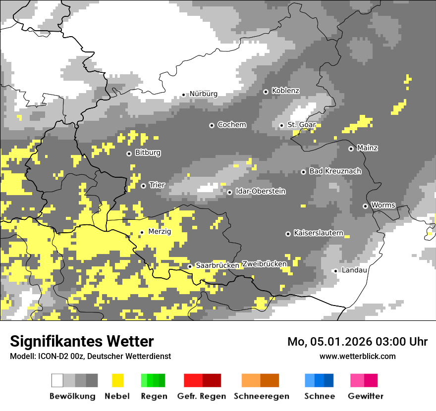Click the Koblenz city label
pyautogui.click(x=285, y=91)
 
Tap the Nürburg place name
pyautogui.click(x=203, y=94)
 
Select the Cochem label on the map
pyautogui.click(x=231, y=125)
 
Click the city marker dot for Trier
pyautogui.click(x=143, y=186)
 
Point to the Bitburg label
pyautogui.click(x=148, y=153)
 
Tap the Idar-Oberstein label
pyautogui.click(x=260, y=191)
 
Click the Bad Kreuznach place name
pyautogui.click(x=335, y=171)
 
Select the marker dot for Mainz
pyautogui.click(x=351, y=149)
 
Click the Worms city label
pyautogui.click(x=383, y=205)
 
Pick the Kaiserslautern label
pyautogui.click(x=318, y=233)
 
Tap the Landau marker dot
pyautogui.click(x=335, y=271)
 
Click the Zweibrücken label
pyautogui.click(x=264, y=264)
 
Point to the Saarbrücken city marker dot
pyautogui.click(x=190, y=266)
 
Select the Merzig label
pyautogui.click(x=160, y=231)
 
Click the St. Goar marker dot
pyautogui.click(x=281, y=125)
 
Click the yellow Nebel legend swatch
pyautogui.click(x=117, y=380)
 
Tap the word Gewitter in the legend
pyautogui.click(x=365, y=396)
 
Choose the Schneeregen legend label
pyautogui.click(x=262, y=396)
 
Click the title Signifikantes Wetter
pyautogui.click(x=82, y=342)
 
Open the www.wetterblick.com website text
pyautogui.click(x=357, y=356)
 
